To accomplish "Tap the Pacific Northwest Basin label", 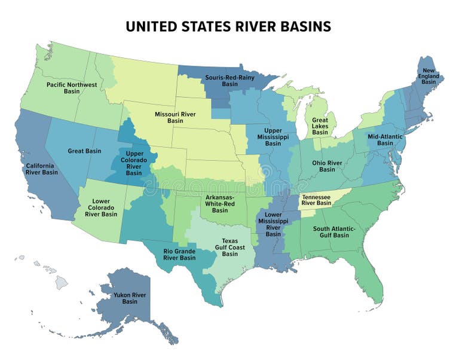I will [x=72, y=88].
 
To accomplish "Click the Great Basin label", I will [x=84, y=151].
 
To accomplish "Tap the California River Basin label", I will [x=41, y=169].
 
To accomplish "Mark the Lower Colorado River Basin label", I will [x=101, y=207].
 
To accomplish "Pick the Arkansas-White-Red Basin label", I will [x=220, y=203].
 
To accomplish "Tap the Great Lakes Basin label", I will [x=320, y=126].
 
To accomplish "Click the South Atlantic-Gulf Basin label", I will [x=334, y=232].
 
